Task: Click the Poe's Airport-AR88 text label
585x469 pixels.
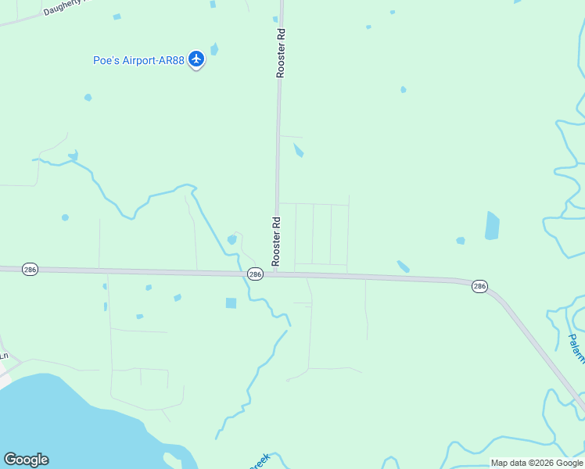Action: pos(138,59)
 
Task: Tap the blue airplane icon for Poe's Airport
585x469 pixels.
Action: pos(196,59)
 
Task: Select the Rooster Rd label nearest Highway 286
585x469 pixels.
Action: pos(276,242)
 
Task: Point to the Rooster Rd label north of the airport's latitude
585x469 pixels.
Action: pos(281,53)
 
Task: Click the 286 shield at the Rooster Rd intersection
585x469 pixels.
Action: pos(255,274)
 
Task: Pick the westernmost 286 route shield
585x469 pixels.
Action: pos(30,269)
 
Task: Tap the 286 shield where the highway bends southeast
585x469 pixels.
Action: pos(480,287)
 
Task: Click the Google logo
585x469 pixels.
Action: pos(26,460)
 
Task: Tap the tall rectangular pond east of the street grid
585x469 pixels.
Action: pos(492,225)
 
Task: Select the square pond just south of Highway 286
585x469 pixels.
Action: pos(231,303)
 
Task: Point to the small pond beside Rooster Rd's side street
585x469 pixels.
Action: pos(298,150)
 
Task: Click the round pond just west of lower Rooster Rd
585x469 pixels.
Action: pos(231,239)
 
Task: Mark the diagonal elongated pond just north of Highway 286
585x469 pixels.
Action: pos(403,267)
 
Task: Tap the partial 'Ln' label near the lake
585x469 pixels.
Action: pos(4,356)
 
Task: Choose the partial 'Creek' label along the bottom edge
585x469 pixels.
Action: pos(260,461)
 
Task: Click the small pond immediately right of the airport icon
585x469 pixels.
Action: pos(214,49)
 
